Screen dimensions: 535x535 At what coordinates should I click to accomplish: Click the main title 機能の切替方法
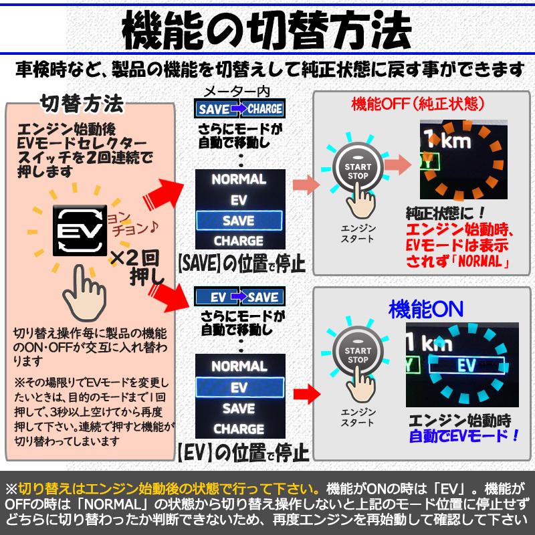coord(267,31)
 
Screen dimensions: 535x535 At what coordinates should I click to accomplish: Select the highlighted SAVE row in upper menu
coord(239,220)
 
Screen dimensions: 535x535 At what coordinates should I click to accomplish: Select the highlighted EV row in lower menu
coord(239,387)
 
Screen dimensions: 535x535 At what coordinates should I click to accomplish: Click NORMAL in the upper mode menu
coord(239,180)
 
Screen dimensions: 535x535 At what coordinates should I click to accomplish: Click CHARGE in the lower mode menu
coord(239,428)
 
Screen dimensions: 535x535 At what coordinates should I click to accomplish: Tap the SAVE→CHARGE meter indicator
coord(239,108)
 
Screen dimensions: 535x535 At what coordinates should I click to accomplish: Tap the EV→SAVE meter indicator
coord(239,296)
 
